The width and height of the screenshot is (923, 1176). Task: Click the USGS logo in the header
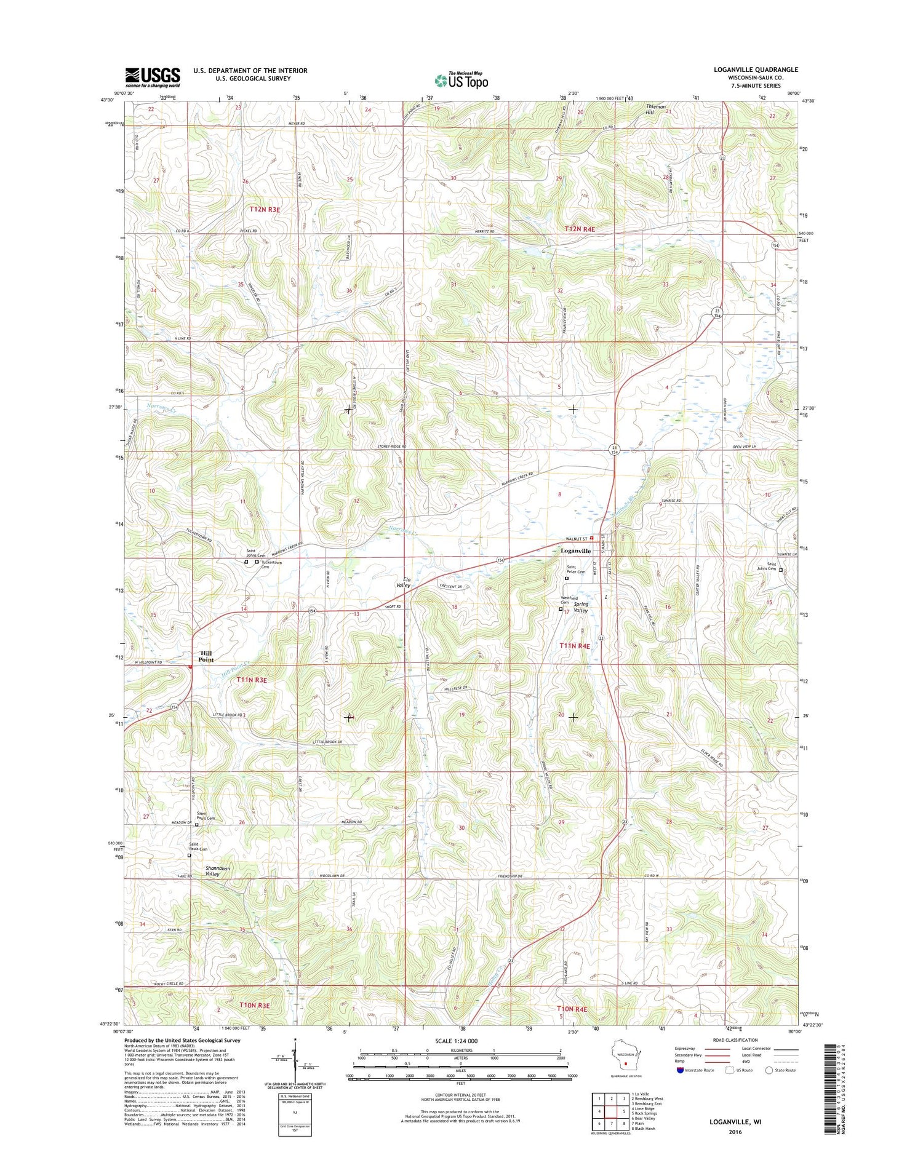point(153,77)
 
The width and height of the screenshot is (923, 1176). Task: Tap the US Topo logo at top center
point(461,81)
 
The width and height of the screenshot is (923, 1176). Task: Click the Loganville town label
point(575,550)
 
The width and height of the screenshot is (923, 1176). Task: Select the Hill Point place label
point(206,656)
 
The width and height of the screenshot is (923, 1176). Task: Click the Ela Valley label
point(403,582)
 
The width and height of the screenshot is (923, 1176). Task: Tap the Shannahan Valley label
point(217,871)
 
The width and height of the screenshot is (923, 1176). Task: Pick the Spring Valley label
point(581,607)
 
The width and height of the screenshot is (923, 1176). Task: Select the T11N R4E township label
point(575,646)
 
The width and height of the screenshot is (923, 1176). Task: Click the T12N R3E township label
point(265,209)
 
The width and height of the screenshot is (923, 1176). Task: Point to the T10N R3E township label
point(254,1005)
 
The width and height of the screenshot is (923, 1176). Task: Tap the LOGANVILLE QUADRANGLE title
point(756,70)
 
